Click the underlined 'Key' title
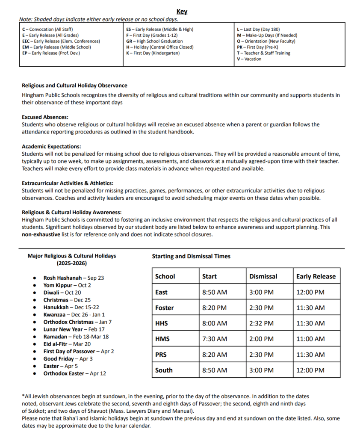[x=182, y=12]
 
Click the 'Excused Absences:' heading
[x=45, y=117]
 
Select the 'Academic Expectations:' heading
[x=51, y=146]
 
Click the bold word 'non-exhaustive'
[x=41, y=234]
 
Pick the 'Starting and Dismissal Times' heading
[x=191, y=256]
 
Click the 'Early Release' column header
[x=316, y=276]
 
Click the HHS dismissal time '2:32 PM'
[x=261, y=323]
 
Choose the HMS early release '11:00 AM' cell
[x=310, y=339]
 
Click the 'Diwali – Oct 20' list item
[x=62, y=293]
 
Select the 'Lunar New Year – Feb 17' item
[x=74, y=329]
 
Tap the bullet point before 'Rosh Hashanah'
[x=34, y=278]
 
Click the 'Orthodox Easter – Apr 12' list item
[x=75, y=373]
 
